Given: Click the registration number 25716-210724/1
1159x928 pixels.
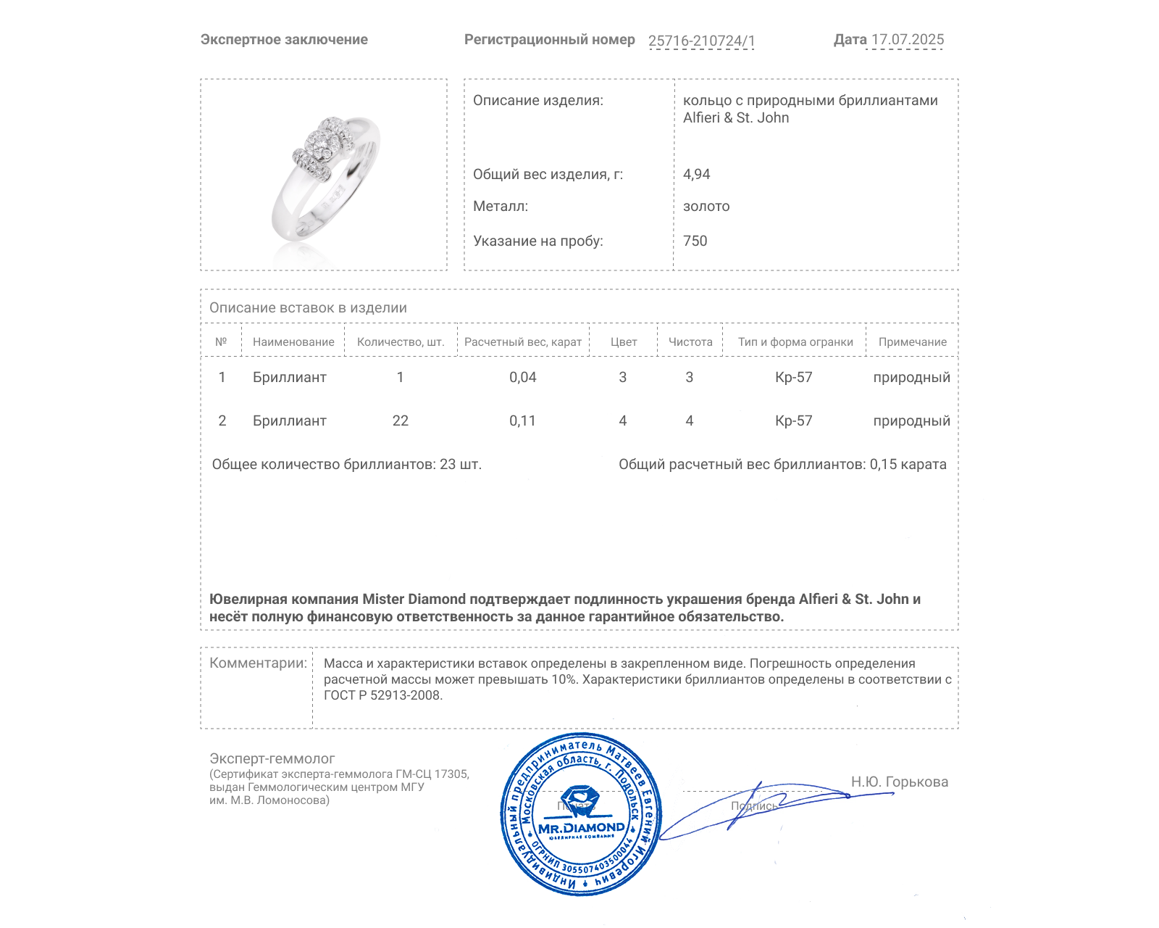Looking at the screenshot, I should pos(701,41).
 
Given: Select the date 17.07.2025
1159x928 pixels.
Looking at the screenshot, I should pos(908,40).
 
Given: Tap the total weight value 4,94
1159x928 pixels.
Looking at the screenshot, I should pos(696,174).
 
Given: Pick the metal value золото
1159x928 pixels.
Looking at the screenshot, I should pos(706,206).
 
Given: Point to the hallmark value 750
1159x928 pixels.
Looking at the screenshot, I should pos(695,241).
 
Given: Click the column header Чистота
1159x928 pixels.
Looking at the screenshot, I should pos(690,342).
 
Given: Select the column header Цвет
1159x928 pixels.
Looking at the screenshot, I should pos(623,342).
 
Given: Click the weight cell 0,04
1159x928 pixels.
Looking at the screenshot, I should pos(522,377).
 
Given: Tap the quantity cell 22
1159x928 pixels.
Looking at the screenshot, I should pos(400,420).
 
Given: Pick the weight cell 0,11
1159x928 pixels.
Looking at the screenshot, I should pos(522,420).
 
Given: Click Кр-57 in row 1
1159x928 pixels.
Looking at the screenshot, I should pos(793,377).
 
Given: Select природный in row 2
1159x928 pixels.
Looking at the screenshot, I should pos(911,420).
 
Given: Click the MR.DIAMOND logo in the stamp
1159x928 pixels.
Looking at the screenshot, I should pos(581,827).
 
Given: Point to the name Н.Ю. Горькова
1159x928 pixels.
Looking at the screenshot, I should pos(899,782).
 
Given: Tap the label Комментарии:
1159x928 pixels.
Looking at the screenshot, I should pos(258,663).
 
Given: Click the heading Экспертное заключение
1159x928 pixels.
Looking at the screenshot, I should pos(284,40).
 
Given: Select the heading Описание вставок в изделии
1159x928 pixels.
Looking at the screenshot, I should pos(308,307).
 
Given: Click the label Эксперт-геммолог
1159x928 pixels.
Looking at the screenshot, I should pos(272,758).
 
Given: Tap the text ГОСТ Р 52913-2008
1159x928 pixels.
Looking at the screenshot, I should pos(382,695).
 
